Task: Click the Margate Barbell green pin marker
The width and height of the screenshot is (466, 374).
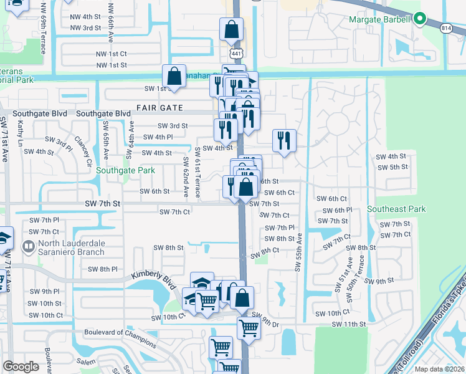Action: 421,19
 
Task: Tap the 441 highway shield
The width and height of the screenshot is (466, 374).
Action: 235,54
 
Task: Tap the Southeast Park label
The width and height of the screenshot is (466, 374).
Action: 396,209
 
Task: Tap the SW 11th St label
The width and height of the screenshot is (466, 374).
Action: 348,324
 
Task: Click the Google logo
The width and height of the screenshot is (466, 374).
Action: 21,367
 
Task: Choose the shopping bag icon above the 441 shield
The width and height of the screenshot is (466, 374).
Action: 231,29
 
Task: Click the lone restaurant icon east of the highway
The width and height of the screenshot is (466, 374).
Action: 284,140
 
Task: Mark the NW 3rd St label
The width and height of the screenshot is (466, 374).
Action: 85,28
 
